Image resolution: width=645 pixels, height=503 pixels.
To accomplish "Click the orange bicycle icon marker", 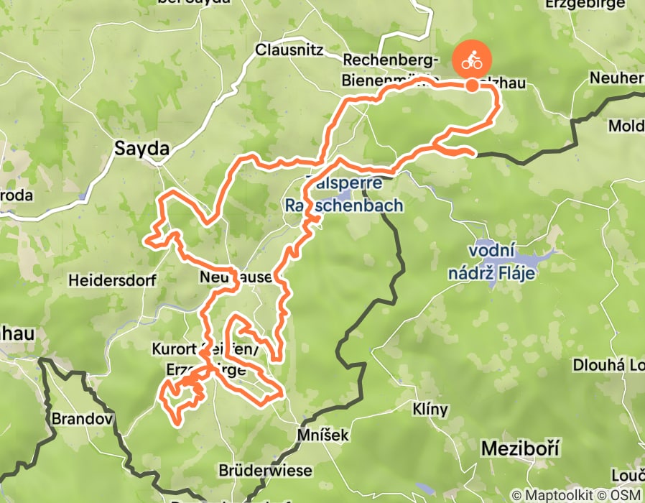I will (x=472, y=60).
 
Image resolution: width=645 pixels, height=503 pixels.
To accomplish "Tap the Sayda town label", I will (x=141, y=149).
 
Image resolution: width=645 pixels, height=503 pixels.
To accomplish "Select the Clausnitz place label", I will (x=289, y=51).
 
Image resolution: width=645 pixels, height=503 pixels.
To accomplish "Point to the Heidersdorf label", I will (x=113, y=280).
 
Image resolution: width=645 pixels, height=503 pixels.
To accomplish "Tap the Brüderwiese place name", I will (x=266, y=471).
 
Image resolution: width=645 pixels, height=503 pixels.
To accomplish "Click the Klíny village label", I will (x=431, y=410).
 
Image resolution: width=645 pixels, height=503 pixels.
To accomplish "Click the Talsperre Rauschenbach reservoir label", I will (x=344, y=195).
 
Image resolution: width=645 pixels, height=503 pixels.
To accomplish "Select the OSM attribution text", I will (x=626, y=495).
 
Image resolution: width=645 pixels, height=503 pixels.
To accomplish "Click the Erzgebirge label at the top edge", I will (x=582, y=4).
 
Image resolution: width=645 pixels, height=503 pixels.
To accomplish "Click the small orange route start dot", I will (x=472, y=86).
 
